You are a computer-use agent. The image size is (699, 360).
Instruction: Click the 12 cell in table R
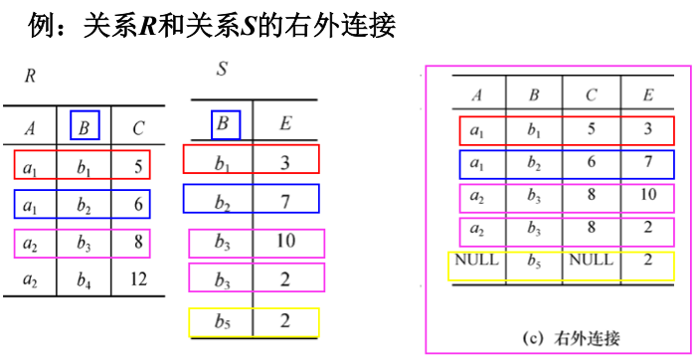pos(138,280)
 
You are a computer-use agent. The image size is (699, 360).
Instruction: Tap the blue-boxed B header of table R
pos(86,126)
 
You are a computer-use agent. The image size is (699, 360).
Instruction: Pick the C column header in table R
pos(137,127)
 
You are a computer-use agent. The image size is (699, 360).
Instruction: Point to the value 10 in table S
pos(284,241)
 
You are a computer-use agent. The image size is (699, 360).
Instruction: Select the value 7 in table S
pos(284,202)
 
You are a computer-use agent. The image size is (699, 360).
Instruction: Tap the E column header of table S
pos(284,124)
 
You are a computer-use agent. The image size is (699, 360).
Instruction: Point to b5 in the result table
pos(534,263)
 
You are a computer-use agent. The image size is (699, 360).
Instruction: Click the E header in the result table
pos(647,95)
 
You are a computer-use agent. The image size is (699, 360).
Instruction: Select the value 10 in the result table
pos(647,195)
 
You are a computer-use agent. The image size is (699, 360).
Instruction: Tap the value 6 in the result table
pos(591,162)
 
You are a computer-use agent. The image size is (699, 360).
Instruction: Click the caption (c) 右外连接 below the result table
pos(571,336)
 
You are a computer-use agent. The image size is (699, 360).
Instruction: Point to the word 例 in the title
pos(43,24)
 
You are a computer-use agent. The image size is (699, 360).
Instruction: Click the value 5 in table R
pos(138,165)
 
